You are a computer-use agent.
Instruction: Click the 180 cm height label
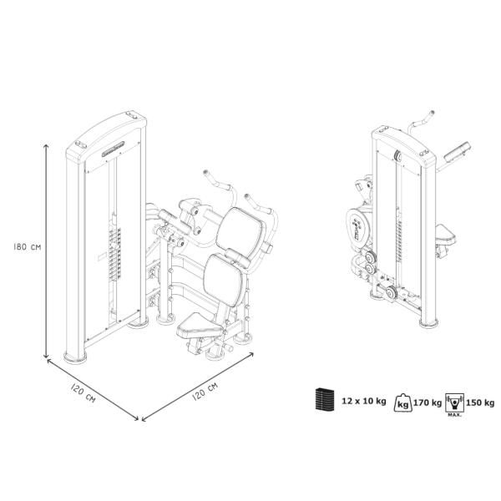click(28, 246)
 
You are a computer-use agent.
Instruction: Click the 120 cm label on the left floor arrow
click(83, 393)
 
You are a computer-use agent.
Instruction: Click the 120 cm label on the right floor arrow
click(205, 391)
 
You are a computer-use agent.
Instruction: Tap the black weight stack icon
click(325, 399)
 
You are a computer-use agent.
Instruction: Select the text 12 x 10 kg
click(364, 401)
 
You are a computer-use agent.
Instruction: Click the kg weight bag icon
click(403, 402)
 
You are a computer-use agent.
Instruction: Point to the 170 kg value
click(428, 402)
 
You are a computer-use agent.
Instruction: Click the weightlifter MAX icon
click(454, 405)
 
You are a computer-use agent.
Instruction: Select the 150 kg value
click(480, 402)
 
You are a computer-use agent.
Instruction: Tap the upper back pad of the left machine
click(240, 230)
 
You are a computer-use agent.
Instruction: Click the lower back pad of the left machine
click(224, 279)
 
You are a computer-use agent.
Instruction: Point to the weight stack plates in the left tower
click(114, 254)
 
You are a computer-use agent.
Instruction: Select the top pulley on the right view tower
click(398, 156)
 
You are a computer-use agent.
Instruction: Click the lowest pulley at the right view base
click(392, 293)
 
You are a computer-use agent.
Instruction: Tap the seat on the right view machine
click(446, 234)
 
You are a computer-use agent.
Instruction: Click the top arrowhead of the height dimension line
click(46, 145)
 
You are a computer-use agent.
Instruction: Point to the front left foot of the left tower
click(75, 357)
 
